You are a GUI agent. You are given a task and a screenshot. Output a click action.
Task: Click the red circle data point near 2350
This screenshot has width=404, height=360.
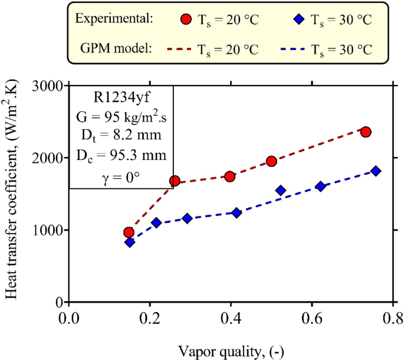366,132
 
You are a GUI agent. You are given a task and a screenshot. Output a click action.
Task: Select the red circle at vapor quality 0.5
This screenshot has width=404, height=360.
271,161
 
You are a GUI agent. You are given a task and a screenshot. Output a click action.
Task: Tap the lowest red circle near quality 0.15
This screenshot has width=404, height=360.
129,233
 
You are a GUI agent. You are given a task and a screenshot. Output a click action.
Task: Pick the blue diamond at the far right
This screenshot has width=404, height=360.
376,171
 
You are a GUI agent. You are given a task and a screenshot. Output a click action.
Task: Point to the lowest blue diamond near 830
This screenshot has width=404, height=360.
129,242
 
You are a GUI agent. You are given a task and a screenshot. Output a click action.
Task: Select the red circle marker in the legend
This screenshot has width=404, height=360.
186,19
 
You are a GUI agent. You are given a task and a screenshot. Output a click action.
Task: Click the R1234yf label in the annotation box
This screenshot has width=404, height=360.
121,95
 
